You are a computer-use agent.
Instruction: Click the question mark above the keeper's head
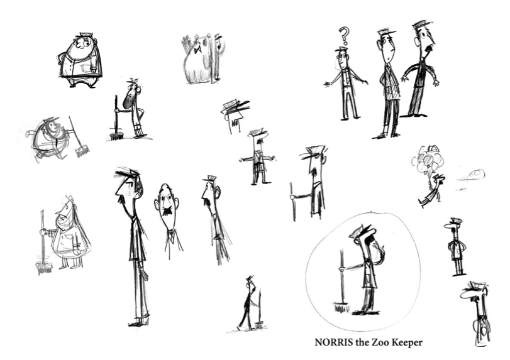coord(345,35)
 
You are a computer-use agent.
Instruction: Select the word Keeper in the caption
coord(407,343)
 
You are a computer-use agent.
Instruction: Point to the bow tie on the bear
coord(197,50)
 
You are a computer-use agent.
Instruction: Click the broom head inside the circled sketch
coord(341,307)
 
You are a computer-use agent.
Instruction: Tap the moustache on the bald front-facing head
coord(168,210)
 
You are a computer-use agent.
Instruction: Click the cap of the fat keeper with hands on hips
coord(86,35)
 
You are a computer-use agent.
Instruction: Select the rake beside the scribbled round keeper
coord(78,137)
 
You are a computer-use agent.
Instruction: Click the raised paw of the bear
coord(186,41)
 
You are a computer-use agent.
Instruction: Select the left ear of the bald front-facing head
coord(157,204)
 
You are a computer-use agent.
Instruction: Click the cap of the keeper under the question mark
coord(341,50)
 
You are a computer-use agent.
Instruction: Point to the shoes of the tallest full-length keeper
coord(139,323)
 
